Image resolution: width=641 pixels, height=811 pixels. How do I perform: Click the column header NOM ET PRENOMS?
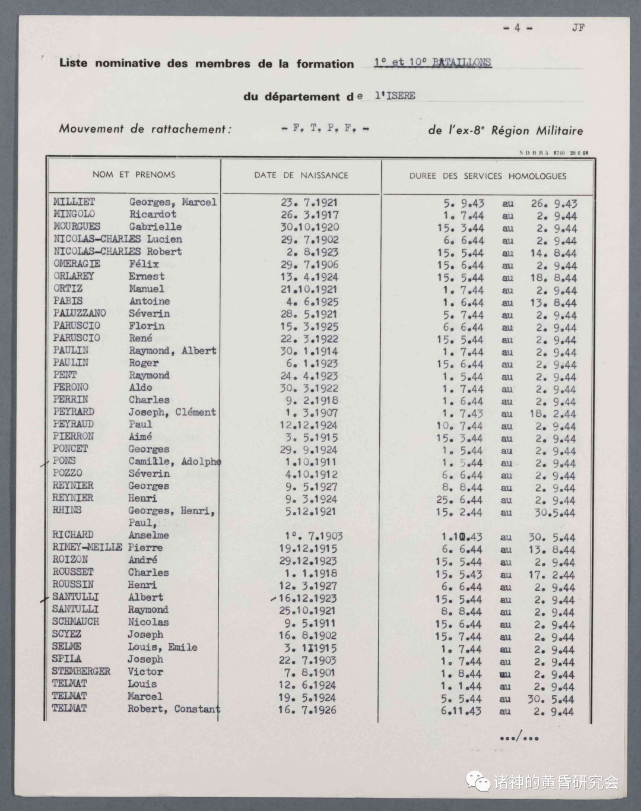click(x=134, y=175)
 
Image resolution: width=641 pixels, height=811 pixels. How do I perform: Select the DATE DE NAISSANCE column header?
click(x=301, y=175)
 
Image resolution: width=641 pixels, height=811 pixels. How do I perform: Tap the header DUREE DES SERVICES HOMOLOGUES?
click(x=487, y=176)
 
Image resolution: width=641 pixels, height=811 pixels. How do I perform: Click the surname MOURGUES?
click(x=77, y=226)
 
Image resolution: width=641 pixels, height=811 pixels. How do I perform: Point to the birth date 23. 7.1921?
click(x=309, y=202)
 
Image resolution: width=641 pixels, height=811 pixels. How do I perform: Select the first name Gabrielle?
click(x=156, y=227)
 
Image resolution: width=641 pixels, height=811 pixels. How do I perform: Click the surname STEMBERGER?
click(x=81, y=671)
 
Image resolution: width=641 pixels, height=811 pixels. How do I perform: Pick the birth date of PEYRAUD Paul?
click(x=309, y=425)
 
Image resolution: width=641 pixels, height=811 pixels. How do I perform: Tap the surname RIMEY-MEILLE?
click(x=87, y=547)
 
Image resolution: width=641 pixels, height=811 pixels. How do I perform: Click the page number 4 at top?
click(x=517, y=27)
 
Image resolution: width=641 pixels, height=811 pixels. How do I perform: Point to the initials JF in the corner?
click(x=577, y=27)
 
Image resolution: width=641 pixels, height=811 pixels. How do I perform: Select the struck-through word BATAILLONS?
click(x=461, y=62)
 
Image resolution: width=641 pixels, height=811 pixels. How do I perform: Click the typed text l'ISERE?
click(x=395, y=96)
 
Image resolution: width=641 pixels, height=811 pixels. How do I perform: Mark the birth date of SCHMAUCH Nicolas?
click(x=309, y=623)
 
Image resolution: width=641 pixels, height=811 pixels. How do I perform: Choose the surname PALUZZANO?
click(x=80, y=313)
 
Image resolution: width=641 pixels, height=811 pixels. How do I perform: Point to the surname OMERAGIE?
click(x=77, y=264)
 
